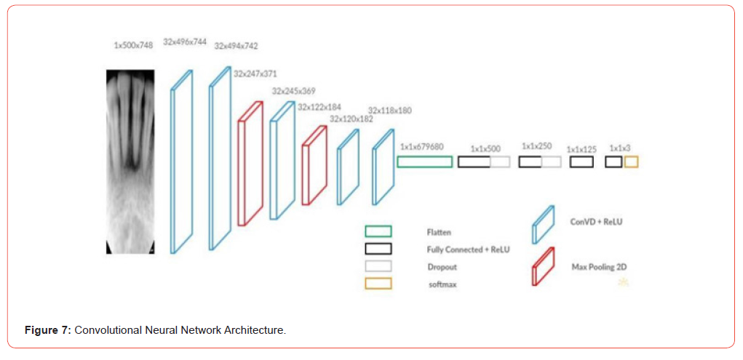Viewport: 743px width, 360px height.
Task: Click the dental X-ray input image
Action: coord(130,161)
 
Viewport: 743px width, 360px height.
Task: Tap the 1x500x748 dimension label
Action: coord(133,45)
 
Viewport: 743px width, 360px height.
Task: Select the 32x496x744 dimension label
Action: coord(185,42)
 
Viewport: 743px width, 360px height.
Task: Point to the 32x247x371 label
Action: coord(255,73)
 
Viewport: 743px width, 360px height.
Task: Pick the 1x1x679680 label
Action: coord(421,146)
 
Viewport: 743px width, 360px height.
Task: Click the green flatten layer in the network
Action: coord(424,161)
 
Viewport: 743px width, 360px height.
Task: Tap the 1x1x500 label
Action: coord(485,148)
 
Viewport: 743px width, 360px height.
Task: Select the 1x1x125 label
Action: coord(581,148)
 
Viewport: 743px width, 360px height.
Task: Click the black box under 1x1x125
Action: coord(581,161)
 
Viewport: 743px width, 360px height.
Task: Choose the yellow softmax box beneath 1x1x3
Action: coord(630,161)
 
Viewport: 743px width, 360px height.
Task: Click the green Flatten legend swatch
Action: coord(378,231)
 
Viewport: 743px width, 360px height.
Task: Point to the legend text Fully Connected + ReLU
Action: coord(468,249)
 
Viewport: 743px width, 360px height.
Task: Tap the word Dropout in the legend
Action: coord(442,267)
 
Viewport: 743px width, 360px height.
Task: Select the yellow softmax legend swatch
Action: coord(378,284)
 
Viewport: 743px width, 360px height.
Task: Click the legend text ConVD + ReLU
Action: coord(596,221)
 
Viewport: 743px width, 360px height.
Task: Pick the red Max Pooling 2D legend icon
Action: coord(543,267)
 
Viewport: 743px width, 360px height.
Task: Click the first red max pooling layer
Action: coord(250,164)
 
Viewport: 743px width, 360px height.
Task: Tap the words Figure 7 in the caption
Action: coord(47,330)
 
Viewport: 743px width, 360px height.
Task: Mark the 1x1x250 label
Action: coord(536,146)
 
